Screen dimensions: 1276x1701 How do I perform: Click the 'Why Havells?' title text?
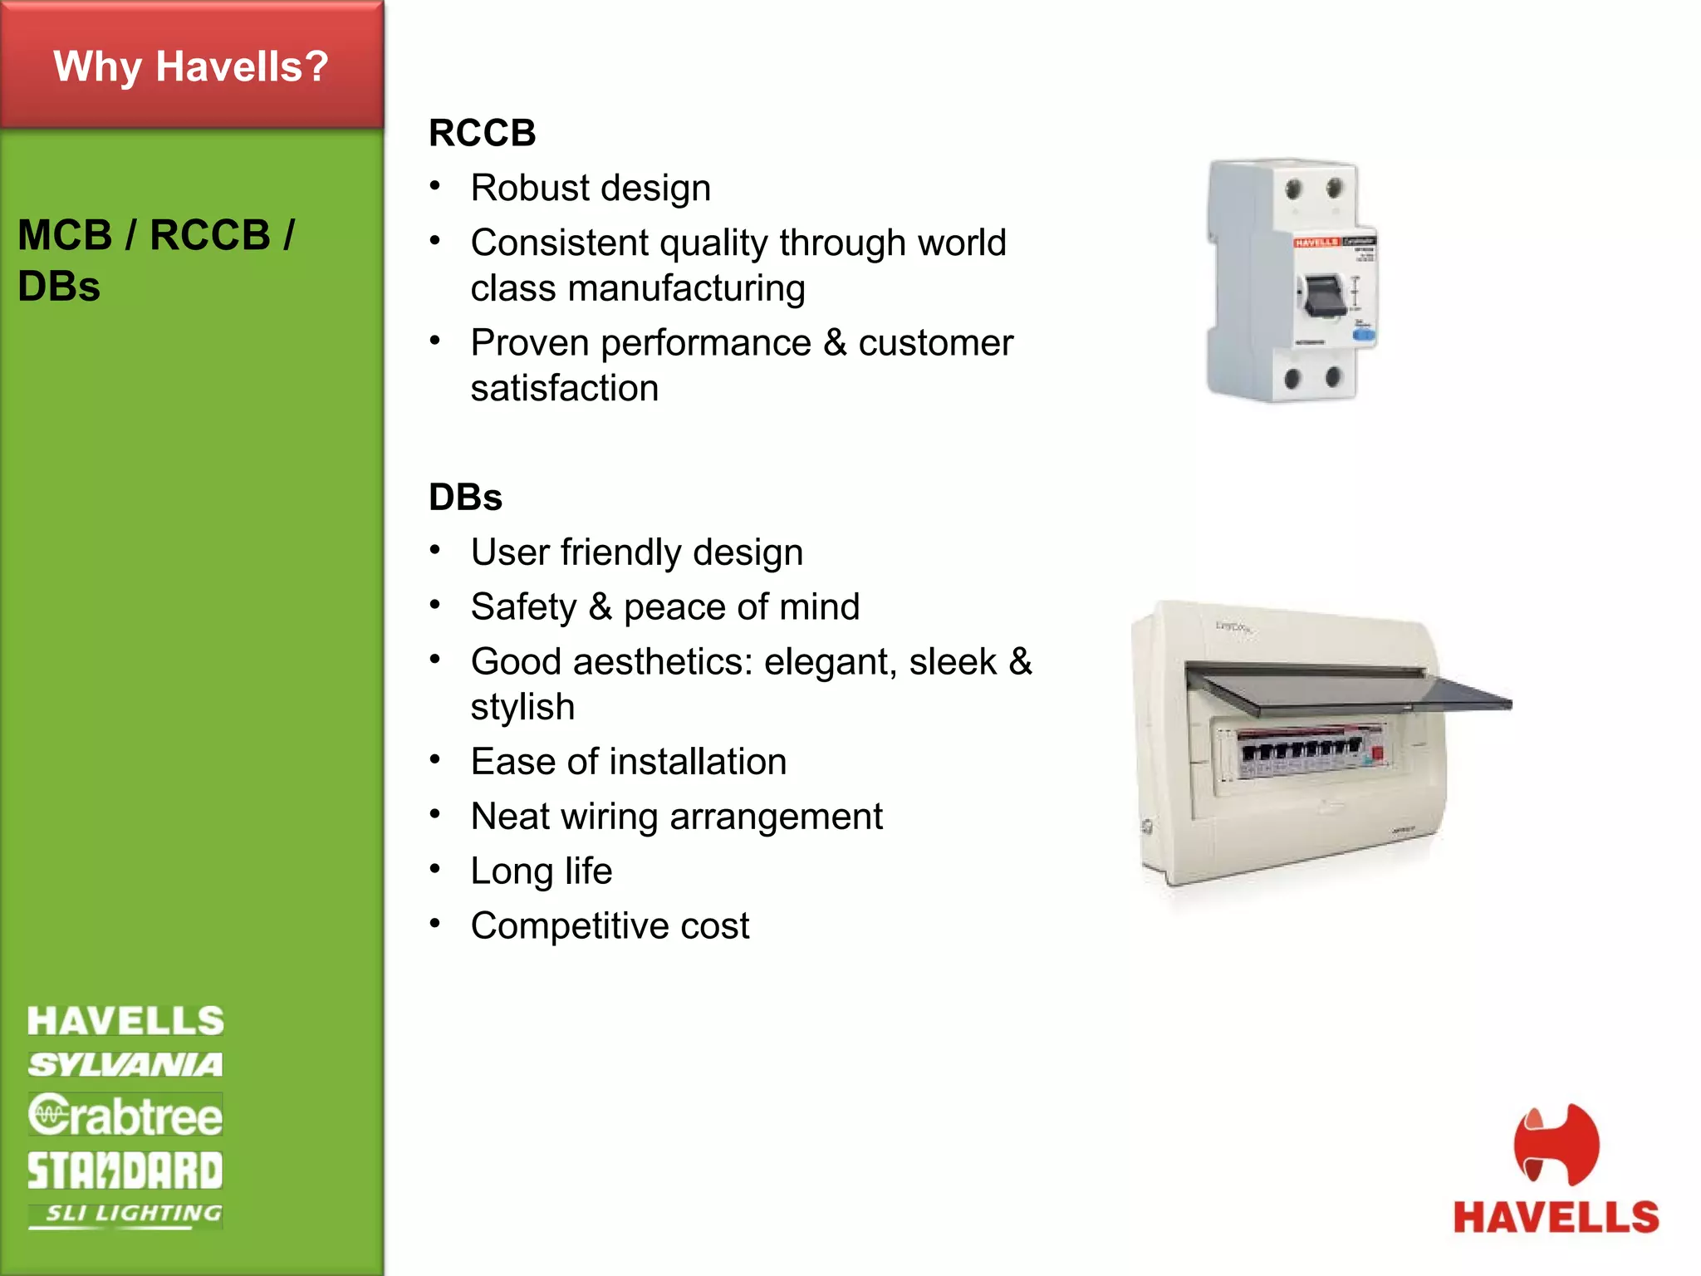[x=191, y=66]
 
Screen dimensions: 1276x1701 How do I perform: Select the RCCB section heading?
[x=482, y=133]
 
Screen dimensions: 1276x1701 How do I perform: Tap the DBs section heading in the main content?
[x=465, y=498]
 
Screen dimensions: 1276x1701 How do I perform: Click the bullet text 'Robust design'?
[x=591, y=188]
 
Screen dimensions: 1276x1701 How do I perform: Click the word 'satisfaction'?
[x=565, y=389]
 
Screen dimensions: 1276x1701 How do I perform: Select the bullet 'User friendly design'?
[x=636, y=552]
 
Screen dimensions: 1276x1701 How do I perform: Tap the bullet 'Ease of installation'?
[x=628, y=762]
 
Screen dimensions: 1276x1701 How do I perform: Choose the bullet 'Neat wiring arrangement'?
[x=676, y=817]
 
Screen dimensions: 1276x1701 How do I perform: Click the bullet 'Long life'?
[x=541, y=871]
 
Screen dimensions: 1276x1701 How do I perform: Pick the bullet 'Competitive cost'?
[x=610, y=926]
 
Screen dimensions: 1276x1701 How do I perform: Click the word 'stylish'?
[x=522, y=708]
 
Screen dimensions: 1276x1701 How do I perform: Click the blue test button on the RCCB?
[x=1364, y=336]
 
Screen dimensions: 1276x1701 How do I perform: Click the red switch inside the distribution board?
[x=1377, y=753]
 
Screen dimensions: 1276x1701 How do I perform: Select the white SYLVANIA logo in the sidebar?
[x=125, y=1065]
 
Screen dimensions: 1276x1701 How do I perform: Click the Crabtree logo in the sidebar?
[x=125, y=1115]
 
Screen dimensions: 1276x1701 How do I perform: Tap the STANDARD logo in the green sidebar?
[x=125, y=1170]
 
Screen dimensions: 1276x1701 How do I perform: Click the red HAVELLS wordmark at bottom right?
[x=1556, y=1218]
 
